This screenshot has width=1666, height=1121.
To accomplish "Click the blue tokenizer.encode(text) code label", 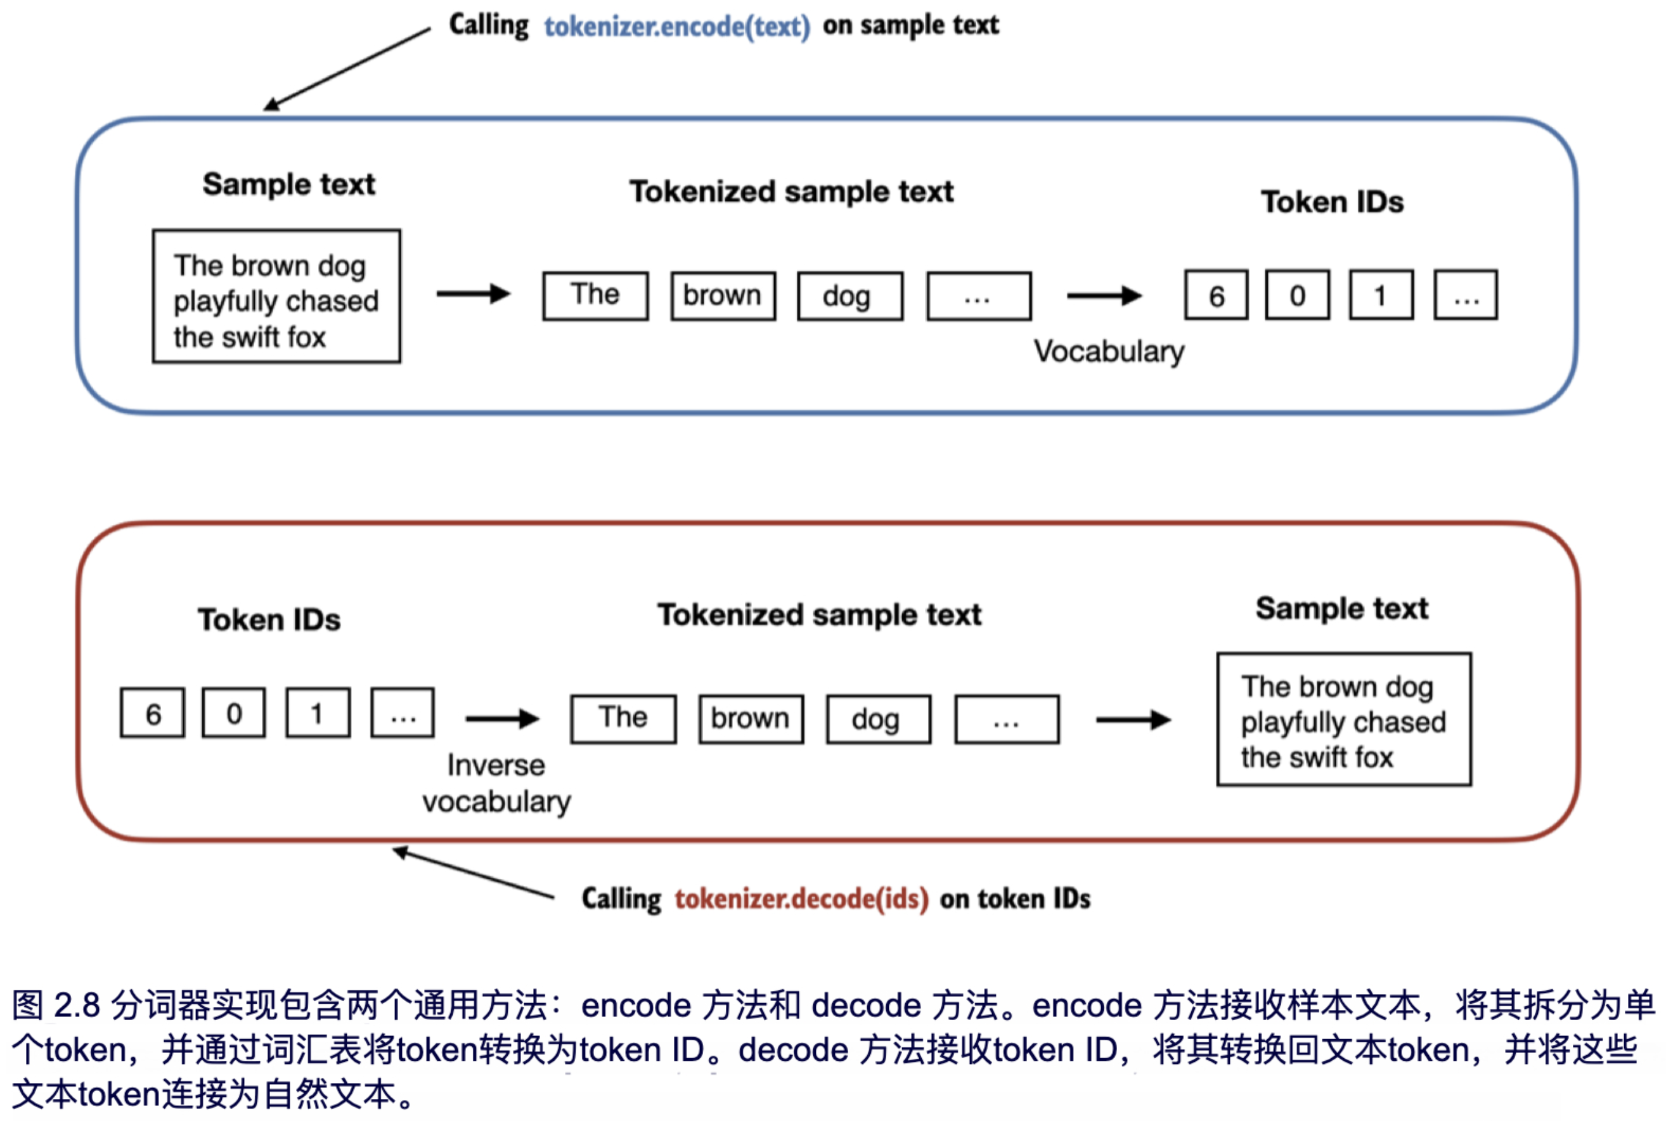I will pyautogui.click(x=676, y=27).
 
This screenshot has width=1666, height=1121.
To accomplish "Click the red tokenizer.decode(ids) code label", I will pyautogui.click(x=801, y=898).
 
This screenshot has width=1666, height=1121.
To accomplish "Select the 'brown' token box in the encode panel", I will pyautogui.click(x=723, y=295).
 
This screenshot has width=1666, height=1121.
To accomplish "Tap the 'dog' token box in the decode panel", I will pyautogui.click(x=879, y=718).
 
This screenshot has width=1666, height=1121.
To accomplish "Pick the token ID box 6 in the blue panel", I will pyautogui.click(x=1216, y=295).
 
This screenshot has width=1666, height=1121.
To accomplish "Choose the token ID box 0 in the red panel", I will pyautogui.click(x=234, y=713).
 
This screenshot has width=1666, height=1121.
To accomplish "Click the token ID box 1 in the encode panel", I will pyautogui.click(x=1380, y=295).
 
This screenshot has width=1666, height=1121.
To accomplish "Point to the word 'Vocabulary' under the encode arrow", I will pyautogui.click(x=1109, y=352).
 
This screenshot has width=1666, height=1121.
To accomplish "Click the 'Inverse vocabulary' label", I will pyautogui.click(x=497, y=784).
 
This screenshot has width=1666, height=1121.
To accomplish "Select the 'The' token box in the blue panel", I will pyautogui.click(x=595, y=295).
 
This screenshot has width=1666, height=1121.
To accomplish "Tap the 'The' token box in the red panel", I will pyautogui.click(x=623, y=718).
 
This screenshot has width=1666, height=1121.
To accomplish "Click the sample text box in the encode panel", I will pyautogui.click(x=276, y=297).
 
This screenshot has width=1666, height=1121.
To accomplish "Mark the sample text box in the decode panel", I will pyautogui.click(x=1344, y=719).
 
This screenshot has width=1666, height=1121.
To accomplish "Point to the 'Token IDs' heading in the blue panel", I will pyautogui.click(x=1331, y=202).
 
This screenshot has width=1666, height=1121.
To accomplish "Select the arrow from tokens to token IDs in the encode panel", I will pyautogui.click(x=1104, y=295).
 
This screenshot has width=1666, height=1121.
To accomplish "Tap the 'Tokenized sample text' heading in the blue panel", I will pyautogui.click(x=791, y=191).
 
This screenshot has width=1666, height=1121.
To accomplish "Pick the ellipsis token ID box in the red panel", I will pyautogui.click(x=403, y=713).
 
